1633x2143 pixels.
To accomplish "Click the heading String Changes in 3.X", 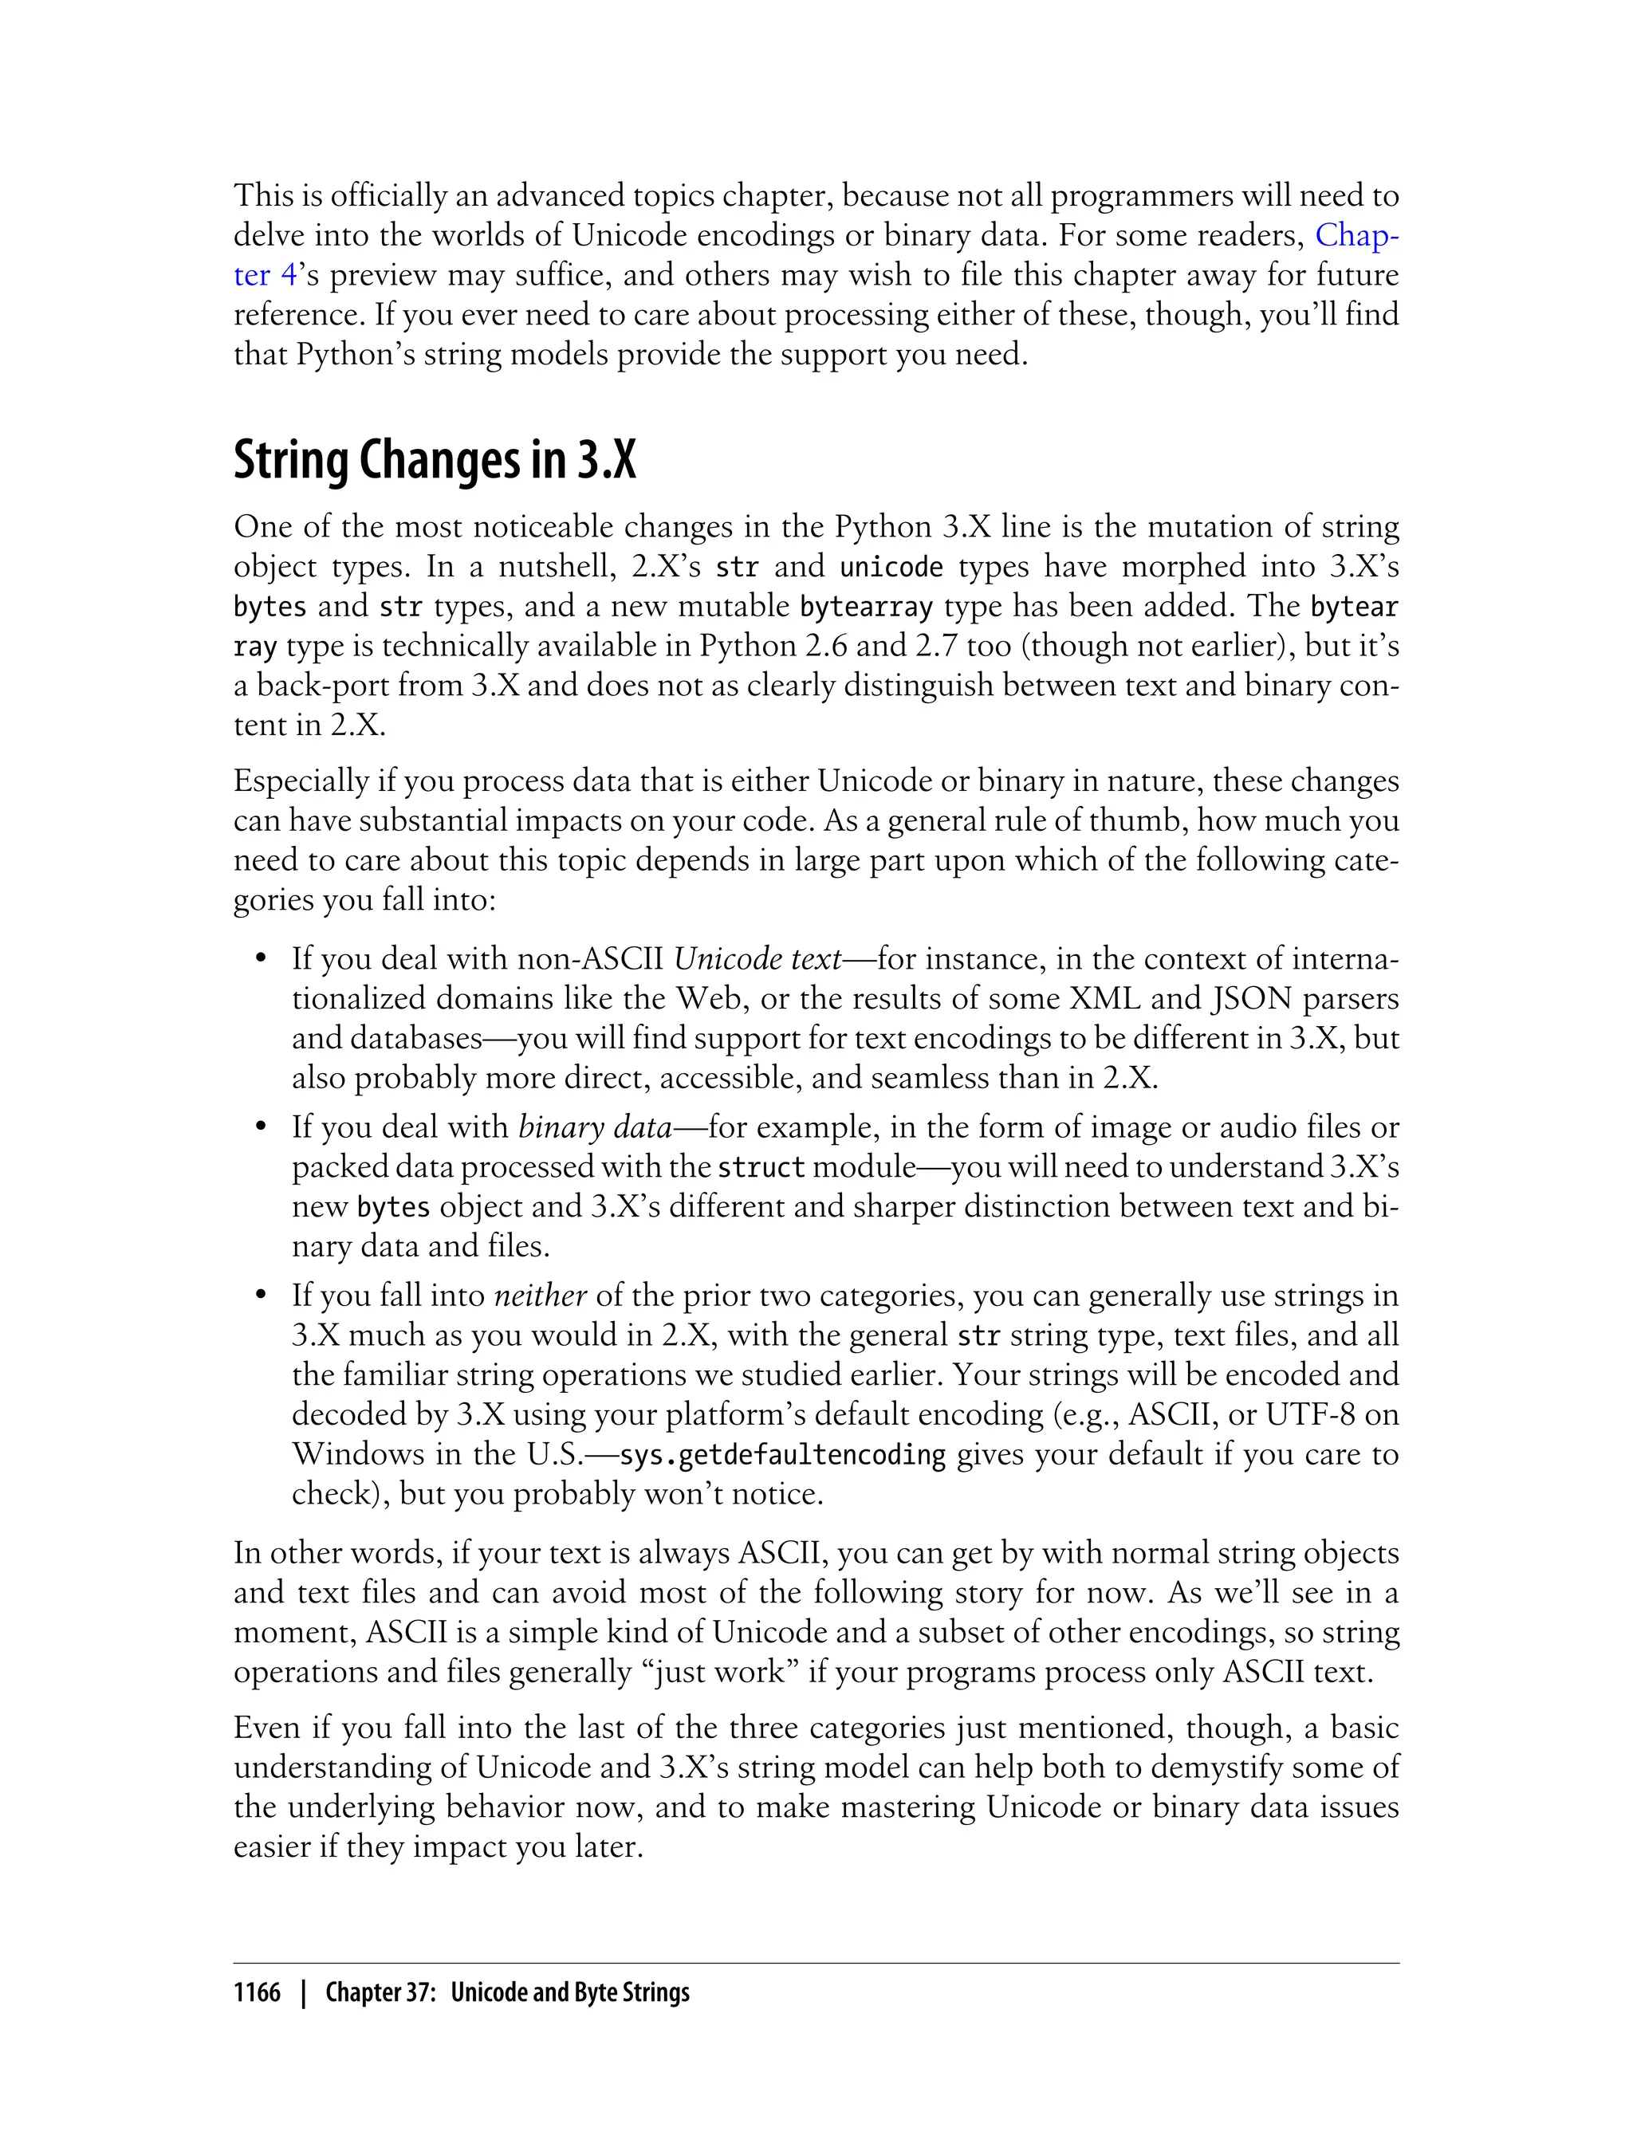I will [435, 461].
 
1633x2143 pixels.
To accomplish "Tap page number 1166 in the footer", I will [257, 1992].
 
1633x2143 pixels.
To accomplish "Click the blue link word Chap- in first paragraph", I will [1356, 235].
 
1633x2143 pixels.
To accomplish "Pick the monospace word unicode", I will [891, 568].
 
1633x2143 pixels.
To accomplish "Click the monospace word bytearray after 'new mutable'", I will [866, 608].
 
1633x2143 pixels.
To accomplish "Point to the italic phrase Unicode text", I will [757, 959].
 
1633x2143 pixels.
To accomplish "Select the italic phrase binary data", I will [595, 1127].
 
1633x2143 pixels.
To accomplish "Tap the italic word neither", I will [540, 1296].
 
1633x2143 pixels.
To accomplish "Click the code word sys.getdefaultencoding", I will [781, 1455].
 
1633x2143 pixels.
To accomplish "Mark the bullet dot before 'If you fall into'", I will [261, 1296].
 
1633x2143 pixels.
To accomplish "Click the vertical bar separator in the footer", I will [305, 1992].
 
